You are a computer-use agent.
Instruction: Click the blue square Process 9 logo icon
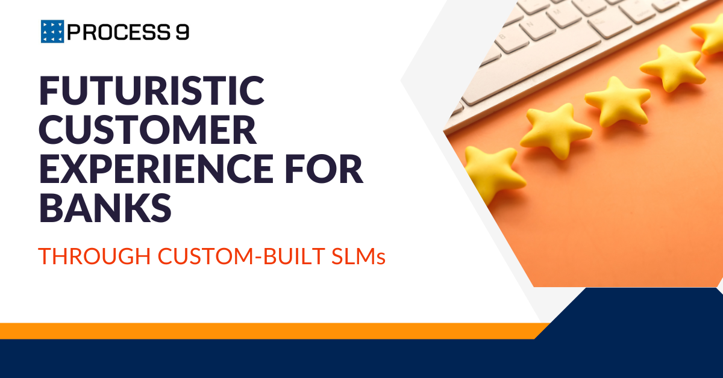pos(52,31)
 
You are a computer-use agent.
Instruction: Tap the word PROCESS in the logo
pos(119,32)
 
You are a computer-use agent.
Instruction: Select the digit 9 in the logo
pos(183,32)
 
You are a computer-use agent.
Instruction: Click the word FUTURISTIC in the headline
pos(152,91)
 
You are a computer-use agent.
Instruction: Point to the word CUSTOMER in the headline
pos(148,129)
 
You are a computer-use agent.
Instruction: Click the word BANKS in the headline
pos(105,207)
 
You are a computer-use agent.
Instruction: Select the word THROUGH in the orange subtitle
pos(95,256)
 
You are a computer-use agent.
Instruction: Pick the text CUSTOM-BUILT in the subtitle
pos(242,256)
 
